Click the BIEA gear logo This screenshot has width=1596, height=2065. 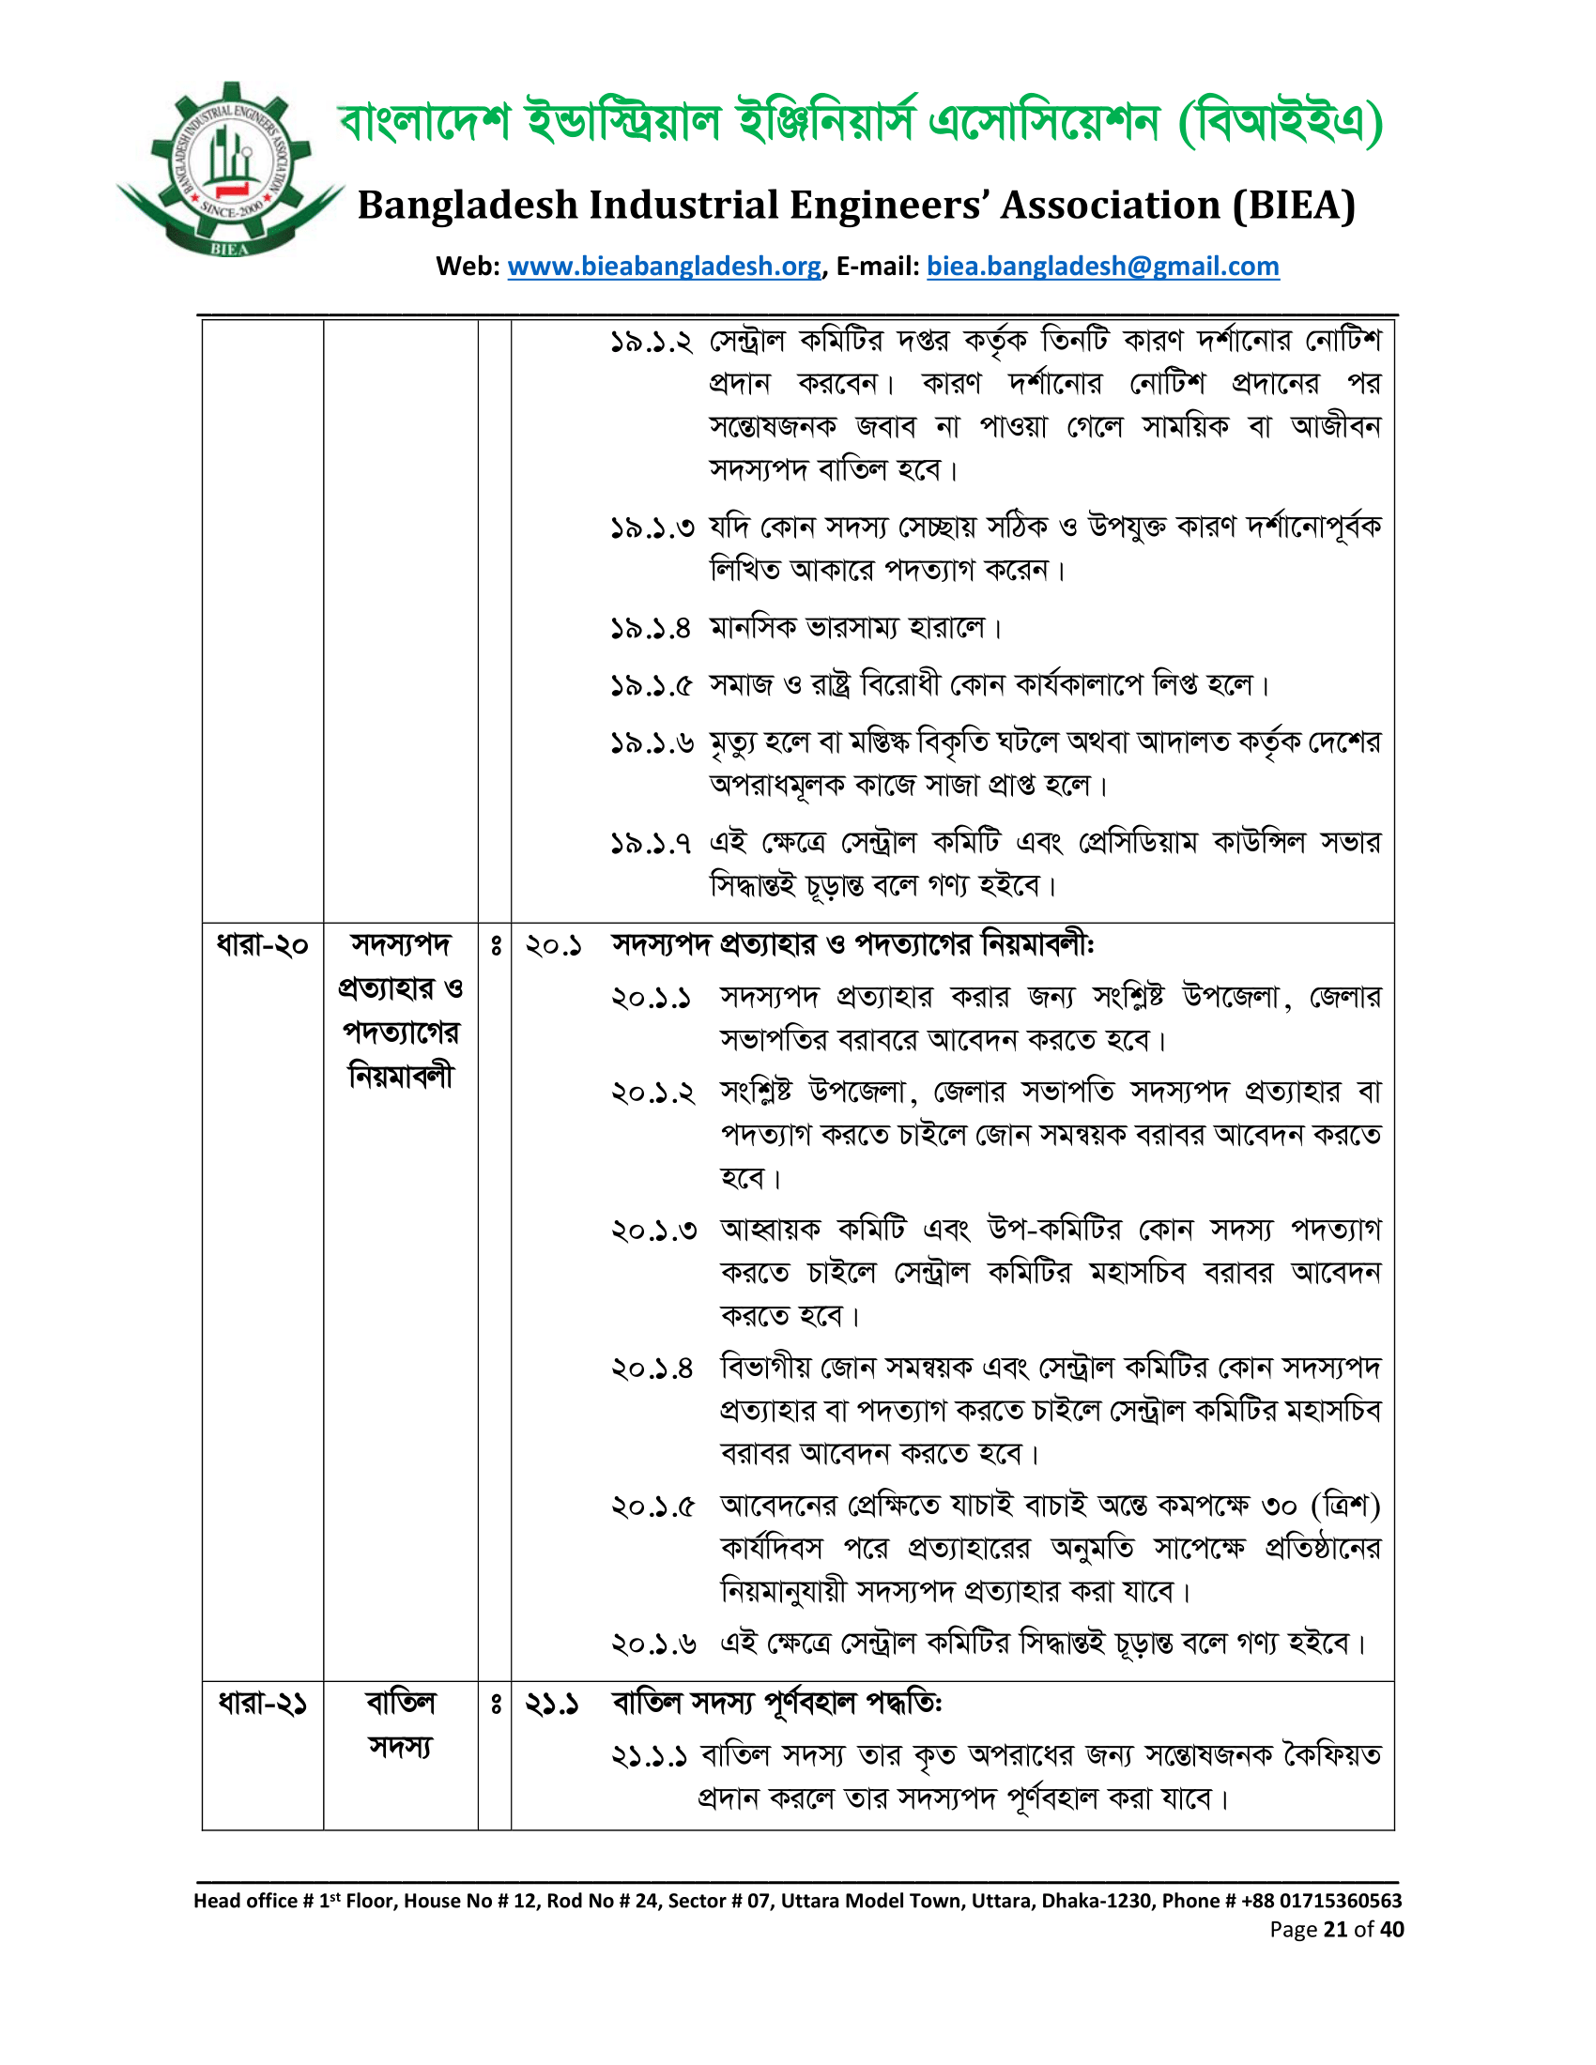click(x=230, y=170)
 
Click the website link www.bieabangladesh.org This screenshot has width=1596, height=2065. click(x=664, y=267)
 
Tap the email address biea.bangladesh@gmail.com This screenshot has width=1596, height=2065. click(x=1102, y=267)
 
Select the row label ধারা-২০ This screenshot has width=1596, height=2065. click(x=262, y=945)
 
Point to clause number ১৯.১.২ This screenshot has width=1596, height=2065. click(x=652, y=342)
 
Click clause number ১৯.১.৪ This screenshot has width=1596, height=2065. click(x=652, y=628)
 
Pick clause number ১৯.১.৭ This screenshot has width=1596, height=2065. click(x=652, y=843)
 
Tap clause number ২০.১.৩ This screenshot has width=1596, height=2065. click(x=654, y=1231)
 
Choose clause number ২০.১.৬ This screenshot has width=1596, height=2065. click(x=654, y=1644)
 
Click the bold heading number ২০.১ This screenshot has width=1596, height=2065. click(x=553, y=945)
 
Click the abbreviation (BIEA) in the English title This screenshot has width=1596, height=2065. click(x=1294, y=206)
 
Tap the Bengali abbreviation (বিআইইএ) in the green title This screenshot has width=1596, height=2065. click(x=1281, y=122)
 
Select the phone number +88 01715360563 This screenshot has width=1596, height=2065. click(x=1321, y=1901)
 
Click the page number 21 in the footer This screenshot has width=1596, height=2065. click(x=1335, y=1930)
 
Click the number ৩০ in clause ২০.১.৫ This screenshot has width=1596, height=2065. click(x=1280, y=1507)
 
